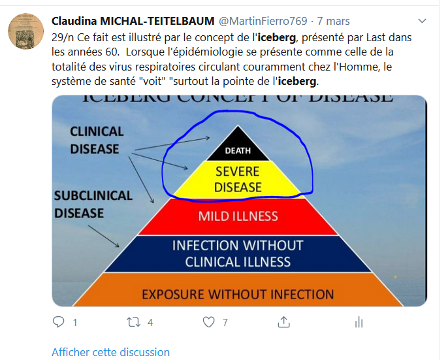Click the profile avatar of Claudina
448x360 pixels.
[25, 30]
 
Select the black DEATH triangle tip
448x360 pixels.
[238, 148]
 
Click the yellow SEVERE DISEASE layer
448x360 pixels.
[238, 179]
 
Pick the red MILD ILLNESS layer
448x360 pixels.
[238, 216]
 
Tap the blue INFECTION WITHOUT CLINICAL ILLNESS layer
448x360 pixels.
[238, 254]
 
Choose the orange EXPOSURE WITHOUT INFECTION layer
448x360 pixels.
[238, 294]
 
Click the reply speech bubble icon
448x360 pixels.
[59, 322]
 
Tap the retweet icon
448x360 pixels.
[133, 322]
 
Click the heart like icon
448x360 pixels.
[208, 322]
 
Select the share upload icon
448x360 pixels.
[283, 322]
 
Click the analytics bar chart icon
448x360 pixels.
[359, 322]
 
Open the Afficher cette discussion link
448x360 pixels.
[110, 352]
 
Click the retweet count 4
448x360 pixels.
[150, 322]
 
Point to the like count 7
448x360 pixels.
[225, 322]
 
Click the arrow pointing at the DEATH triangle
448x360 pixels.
[173, 144]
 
